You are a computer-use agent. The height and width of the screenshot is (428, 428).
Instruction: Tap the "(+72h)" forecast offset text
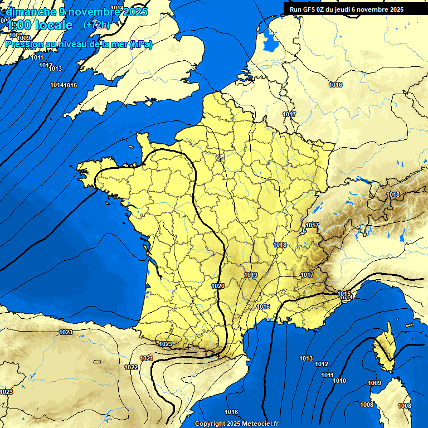tap(96, 25)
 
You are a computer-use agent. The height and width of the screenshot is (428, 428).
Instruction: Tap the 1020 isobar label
tap(218, 286)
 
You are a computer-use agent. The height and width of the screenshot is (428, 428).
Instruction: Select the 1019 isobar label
tap(251, 275)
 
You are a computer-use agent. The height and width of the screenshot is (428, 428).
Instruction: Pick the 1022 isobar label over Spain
tap(132, 367)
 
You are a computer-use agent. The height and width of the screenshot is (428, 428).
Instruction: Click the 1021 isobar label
tap(147, 358)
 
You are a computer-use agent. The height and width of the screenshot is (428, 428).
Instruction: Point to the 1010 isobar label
tap(339, 381)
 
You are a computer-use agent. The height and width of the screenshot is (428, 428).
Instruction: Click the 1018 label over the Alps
tap(393, 194)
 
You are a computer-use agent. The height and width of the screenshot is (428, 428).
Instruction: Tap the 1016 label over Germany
tap(335, 85)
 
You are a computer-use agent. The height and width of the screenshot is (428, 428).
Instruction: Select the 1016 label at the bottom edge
tap(231, 412)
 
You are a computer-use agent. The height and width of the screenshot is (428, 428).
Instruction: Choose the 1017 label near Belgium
tap(289, 114)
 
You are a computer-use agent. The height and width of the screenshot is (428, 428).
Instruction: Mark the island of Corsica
tap(383, 348)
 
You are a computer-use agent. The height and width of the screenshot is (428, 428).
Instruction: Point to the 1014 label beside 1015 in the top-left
tap(56, 85)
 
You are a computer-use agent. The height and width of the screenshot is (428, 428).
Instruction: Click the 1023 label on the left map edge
tap(6, 392)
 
